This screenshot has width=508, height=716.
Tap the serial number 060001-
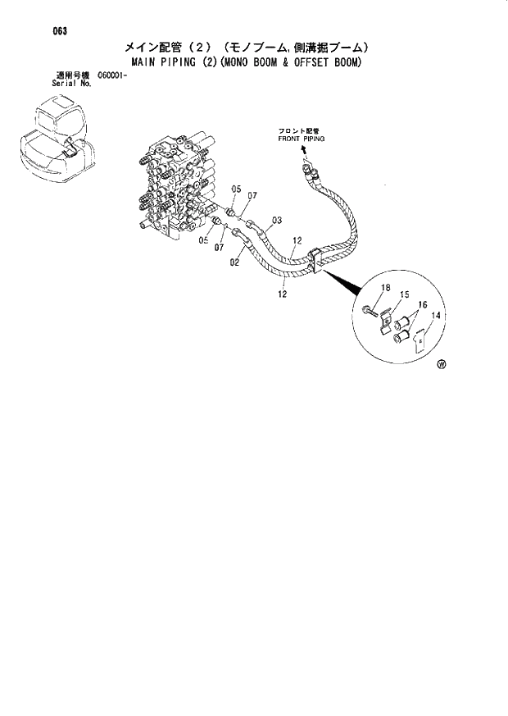114,75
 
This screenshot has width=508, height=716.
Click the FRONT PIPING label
301,139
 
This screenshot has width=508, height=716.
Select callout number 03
277,220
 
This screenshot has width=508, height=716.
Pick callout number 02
234,262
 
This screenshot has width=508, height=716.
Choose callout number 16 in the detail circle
424,303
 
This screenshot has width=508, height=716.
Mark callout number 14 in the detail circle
436,315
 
